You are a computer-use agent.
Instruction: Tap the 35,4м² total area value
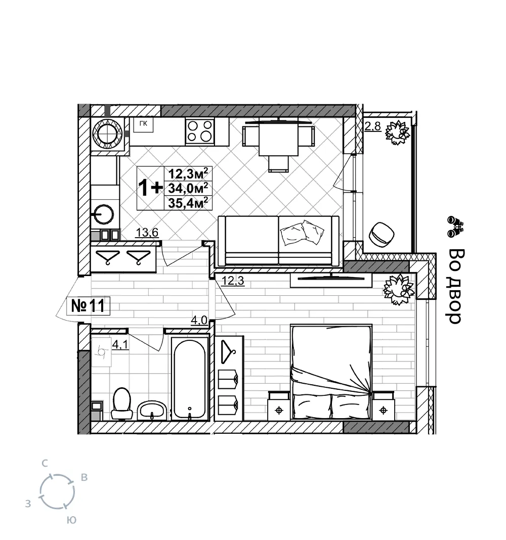(x=188, y=203)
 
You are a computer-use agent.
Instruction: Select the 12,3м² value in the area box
(x=188, y=173)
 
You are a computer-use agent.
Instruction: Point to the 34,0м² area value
(x=188, y=188)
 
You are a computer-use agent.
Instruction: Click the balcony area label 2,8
(x=372, y=126)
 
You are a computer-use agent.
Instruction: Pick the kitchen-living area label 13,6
(x=147, y=233)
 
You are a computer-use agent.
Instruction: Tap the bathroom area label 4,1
(x=120, y=344)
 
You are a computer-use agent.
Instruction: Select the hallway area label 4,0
(x=199, y=321)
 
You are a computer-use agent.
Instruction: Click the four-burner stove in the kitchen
(x=199, y=131)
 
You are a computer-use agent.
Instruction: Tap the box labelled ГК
(x=143, y=124)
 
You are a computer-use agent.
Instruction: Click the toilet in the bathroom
(x=121, y=403)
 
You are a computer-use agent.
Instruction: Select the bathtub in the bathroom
(x=190, y=379)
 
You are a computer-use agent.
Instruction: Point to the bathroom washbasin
(x=152, y=411)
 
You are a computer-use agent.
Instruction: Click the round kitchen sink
(x=103, y=214)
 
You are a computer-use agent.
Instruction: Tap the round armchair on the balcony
(x=382, y=234)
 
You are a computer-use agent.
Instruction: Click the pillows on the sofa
(x=302, y=233)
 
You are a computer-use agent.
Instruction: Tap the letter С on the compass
(x=45, y=464)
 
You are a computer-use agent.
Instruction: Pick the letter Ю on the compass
(x=71, y=520)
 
